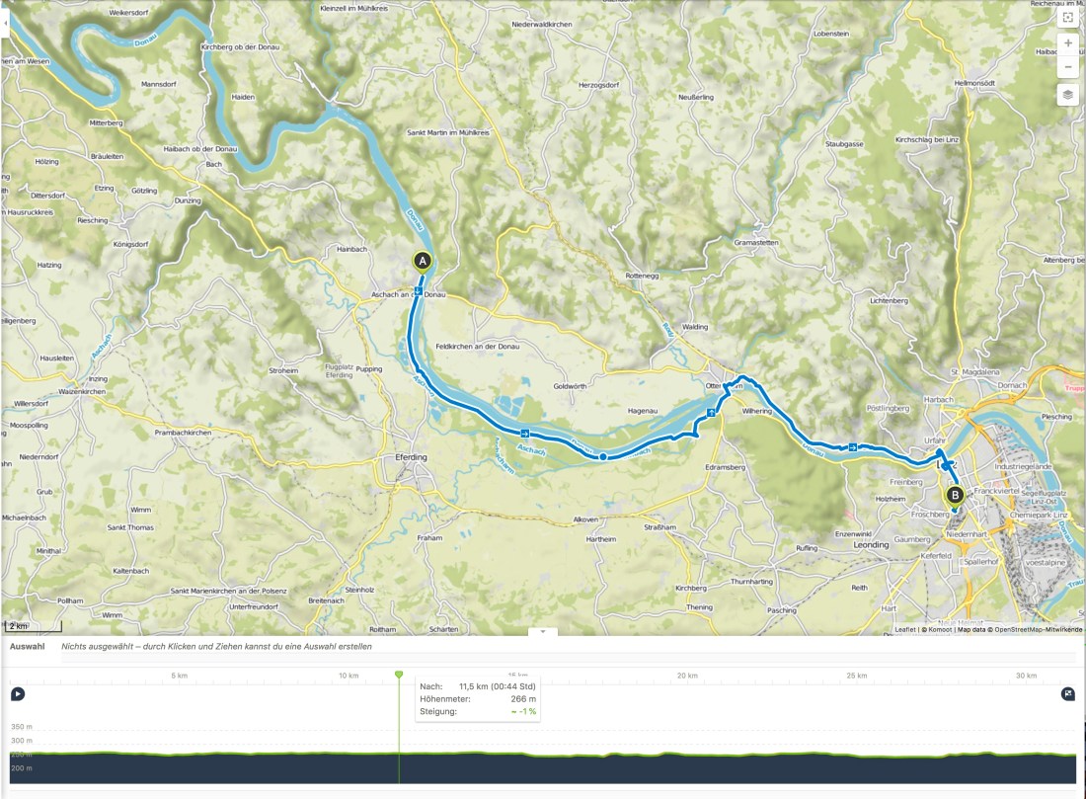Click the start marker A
tap(422, 261)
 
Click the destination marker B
tap(954, 495)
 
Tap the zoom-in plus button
tap(1067, 43)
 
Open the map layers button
tap(1067, 95)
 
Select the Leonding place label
tap(871, 544)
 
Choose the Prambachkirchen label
tap(184, 433)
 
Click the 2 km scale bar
tap(33, 626)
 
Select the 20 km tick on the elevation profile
tap(687, 676)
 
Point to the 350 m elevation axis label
tap(22, 726)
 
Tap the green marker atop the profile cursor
tap(399, 675)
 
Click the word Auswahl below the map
tap(27, 646)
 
